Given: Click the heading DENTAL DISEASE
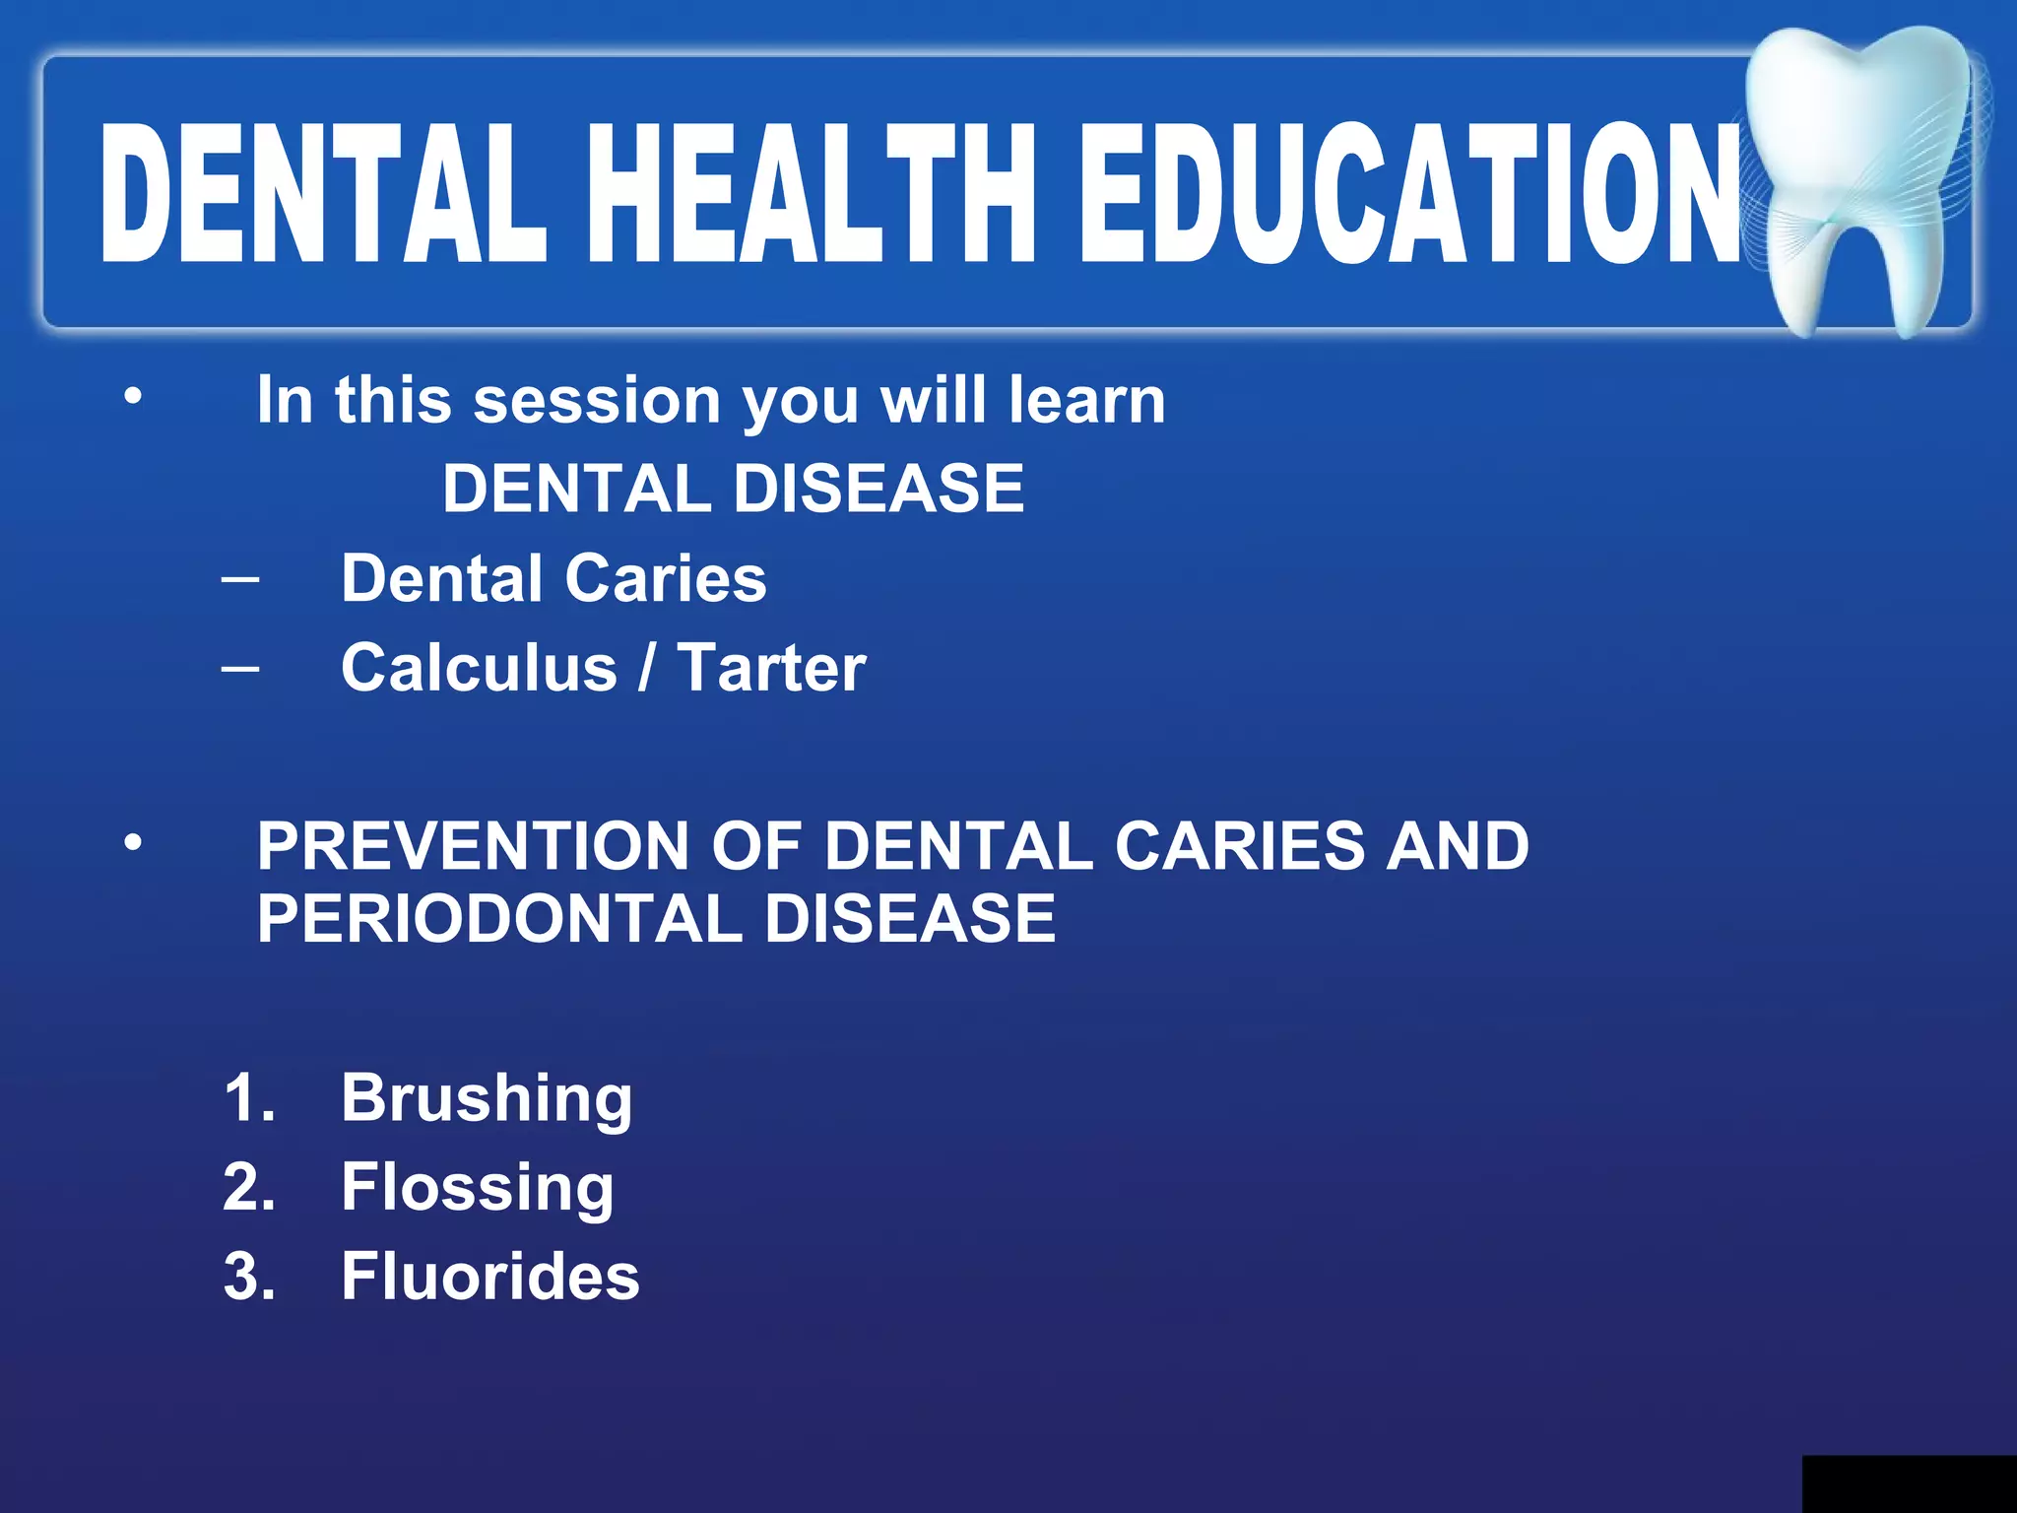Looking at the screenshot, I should pos(733,489).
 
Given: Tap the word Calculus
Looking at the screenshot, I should pos(479,668).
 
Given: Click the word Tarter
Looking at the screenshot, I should pos(771,668).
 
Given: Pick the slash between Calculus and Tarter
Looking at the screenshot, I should pos(646,668).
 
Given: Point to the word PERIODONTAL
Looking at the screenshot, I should pos(498,918).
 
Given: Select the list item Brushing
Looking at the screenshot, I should pos(487,1098).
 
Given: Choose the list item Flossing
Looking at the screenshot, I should pos(478,1187).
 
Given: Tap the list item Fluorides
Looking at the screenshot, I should pos(490,1277).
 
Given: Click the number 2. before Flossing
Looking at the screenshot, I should pos(248,1187).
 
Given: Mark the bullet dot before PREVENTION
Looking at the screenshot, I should pos(133,843).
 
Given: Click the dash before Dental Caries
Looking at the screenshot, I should pos(241,579).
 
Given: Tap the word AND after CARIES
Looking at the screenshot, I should pos(1457,846).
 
